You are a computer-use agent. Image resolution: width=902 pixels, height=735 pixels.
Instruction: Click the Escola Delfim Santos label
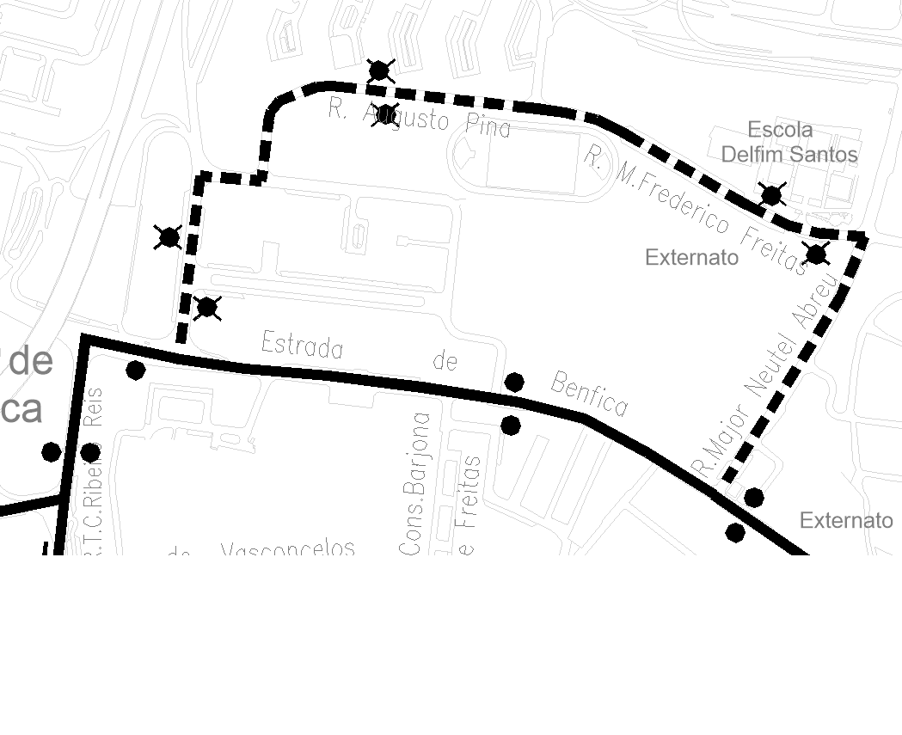(788, 142)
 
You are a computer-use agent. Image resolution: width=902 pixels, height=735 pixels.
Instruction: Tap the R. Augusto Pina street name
(420, 119)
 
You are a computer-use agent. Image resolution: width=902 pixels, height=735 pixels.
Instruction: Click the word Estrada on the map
(302, 345)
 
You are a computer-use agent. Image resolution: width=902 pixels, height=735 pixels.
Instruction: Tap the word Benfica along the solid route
(589, 394)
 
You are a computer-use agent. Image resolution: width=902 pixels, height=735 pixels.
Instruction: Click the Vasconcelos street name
(288, 548)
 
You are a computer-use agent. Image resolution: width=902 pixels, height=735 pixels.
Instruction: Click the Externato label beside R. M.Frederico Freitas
(691, 257)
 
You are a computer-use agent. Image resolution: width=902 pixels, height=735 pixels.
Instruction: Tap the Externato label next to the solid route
(846, 520)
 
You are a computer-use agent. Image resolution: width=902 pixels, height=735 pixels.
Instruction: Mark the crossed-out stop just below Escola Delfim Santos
(771, 196)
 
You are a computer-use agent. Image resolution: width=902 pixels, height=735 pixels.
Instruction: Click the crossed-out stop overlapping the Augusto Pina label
(386, 113)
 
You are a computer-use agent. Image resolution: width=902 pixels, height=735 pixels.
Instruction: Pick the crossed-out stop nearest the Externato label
(815, 254)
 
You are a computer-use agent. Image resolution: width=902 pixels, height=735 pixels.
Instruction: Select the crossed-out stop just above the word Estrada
(207, 307)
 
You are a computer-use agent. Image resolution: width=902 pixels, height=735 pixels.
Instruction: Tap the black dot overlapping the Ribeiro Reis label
(89, 451)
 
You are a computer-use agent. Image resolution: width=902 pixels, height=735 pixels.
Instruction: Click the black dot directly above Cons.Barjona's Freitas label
(510, 425)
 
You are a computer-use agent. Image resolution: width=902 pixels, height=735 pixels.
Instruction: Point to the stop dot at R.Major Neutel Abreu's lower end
(753, 497)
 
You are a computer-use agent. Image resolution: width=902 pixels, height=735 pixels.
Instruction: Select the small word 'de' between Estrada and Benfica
(445, 362)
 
